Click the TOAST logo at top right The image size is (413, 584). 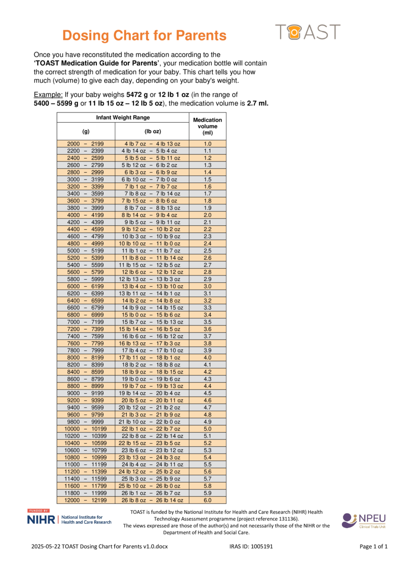coord(307,32)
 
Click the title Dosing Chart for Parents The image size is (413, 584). coord(145,36)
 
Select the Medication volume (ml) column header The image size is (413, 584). coord(207,126)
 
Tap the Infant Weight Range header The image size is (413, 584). coord(123,118)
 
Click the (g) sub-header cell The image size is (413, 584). coord(86,131)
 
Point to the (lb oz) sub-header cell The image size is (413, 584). coord(152,131)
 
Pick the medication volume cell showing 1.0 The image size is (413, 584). coord(207,144)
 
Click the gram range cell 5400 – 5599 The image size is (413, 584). coord(86,265)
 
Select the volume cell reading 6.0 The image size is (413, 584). coord(207,500)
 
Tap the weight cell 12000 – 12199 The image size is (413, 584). coord(86,500)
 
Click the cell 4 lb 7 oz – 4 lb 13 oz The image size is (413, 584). coord(152,144)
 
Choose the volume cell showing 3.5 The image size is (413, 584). coord(207,322)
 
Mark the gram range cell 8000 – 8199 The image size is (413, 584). coord(86,358)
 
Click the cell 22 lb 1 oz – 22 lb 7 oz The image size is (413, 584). coord(152,429)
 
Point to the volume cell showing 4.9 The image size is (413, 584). coord(207,422)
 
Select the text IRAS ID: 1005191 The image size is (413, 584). coord(251,547)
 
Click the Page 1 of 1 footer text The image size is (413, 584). coord(374,547)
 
